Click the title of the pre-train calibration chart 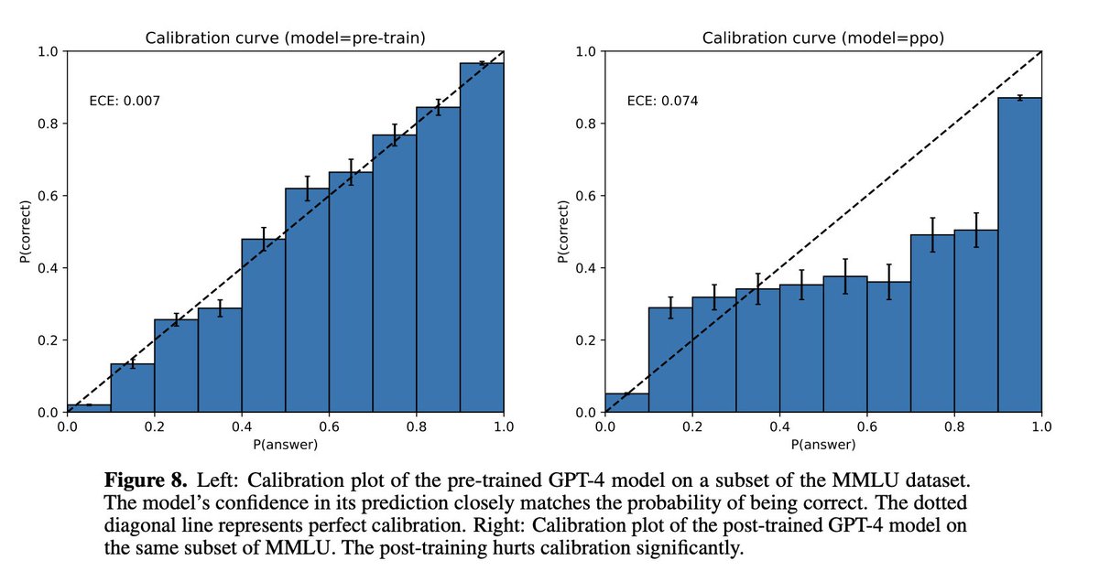point(285,38)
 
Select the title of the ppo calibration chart point(823,38)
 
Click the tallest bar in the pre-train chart point(482,238)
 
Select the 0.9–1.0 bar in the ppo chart point(1019,256)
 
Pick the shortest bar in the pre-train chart point(88,408)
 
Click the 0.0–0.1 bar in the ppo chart point(626,404)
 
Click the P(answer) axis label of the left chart point(285,446)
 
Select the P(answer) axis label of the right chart point(823,446)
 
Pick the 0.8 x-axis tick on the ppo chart point(954,427)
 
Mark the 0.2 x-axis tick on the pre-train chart point(154,427)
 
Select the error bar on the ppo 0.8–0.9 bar point(976,230)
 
